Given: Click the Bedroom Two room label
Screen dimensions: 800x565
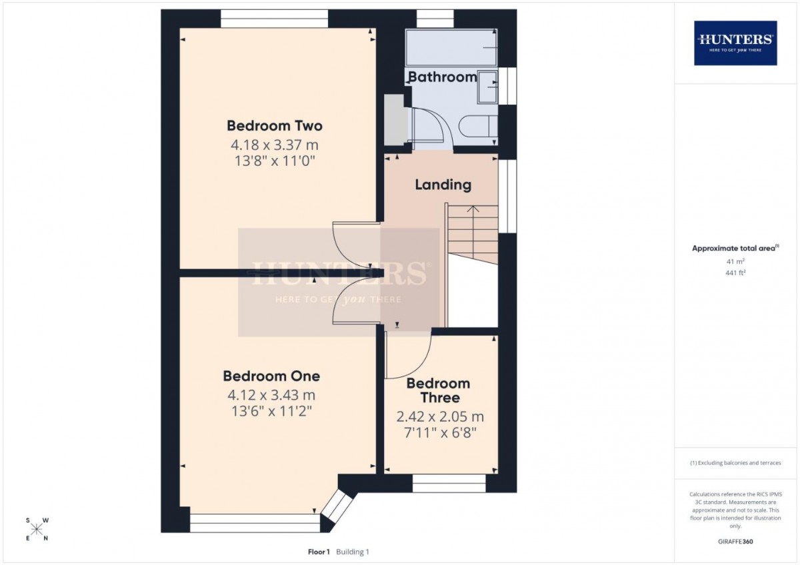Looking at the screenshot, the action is (x=275, y=126).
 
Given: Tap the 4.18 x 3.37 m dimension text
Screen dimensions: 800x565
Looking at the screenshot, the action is (x=274, y=145).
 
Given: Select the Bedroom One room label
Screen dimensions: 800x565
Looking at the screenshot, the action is (x=271, y=376).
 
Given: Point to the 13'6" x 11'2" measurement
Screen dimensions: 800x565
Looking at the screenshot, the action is (x=272, y=411).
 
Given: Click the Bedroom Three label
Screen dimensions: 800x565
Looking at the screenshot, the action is (x=438, y=390).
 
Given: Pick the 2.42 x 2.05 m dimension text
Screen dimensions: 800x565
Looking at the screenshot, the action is (x=440, y=416).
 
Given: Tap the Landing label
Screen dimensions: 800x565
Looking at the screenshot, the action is (x=443, y=185).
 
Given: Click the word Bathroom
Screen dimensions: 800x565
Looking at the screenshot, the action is (x=443, y=77).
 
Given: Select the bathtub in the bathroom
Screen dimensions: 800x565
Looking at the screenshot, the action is (x=451, y=47).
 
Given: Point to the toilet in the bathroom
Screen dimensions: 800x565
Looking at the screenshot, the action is (x=478, y=126).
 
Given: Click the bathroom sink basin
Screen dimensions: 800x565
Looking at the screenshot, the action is (x=487, y=87).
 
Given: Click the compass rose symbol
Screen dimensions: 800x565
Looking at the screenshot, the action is (x=37, y=529).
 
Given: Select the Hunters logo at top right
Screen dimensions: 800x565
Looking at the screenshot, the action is (x=735, y=43).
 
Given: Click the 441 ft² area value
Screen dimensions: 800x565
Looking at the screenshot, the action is (x=735, y=273).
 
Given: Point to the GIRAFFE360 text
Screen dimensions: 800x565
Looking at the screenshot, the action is (x=735, y=542).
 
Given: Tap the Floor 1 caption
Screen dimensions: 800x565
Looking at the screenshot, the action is (x=319, y=552).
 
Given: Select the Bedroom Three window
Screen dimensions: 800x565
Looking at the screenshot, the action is (x=449, y=483).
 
